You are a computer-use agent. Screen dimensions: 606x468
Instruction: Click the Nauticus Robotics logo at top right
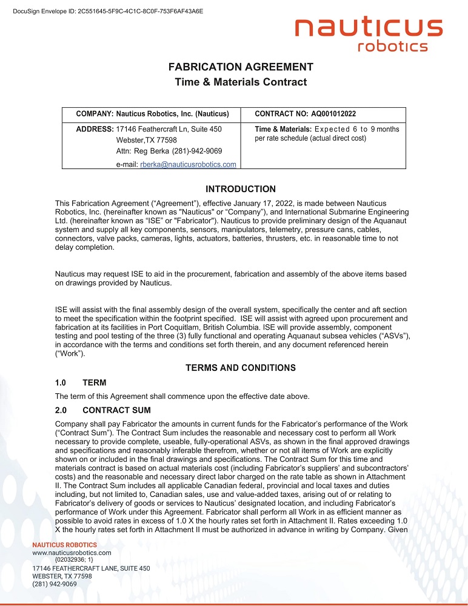(x=369, y=35)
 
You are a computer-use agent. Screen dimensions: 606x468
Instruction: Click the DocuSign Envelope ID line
(x=108, y=11)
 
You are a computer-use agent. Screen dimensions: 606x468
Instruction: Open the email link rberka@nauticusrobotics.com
(x=188, y=164)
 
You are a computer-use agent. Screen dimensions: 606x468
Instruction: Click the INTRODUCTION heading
(x=241, y=189)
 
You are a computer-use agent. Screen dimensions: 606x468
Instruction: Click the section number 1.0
(x=61, y=382)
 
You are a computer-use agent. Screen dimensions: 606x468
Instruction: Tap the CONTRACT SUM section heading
(x=116, y=410)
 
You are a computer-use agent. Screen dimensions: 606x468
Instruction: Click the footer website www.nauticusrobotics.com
(x=72, y=553)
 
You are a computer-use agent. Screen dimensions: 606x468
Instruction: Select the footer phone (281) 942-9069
(x=54, y=584)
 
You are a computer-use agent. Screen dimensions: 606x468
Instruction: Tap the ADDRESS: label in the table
(x=95, y=129)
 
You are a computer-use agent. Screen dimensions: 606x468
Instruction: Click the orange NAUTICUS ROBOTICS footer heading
(x=64, y=545)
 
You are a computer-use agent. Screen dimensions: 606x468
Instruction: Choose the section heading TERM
(x=94, y=382)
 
